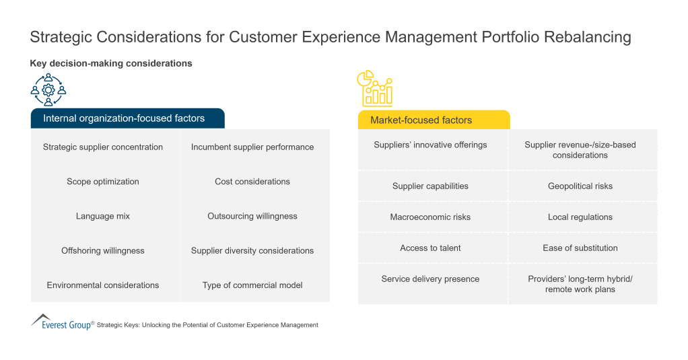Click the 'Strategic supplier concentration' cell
pos(103,147)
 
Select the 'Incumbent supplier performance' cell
pos(252,147)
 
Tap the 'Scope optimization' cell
pos(103,182)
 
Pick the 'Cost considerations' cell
pos(252,182)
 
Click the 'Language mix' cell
pos(103,216)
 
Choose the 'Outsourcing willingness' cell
pos(252,216)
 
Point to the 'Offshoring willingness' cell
pos(103,250)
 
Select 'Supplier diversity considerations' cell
pos(252,250)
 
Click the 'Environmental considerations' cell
pos(103,285)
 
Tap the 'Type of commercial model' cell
pos(252,285)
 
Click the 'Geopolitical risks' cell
pos(580,186)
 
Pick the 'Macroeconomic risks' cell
pos(430,217)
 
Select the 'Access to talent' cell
pos(430,248)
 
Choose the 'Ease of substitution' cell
pos(580,248)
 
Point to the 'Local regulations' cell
pos(580,217)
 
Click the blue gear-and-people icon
pos(48,89)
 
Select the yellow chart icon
pos(374,89)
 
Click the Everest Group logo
pos(61,322)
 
